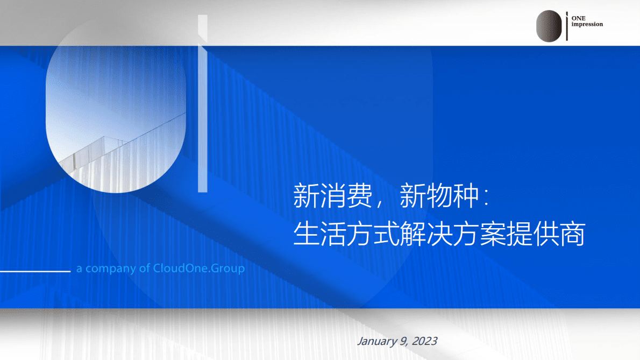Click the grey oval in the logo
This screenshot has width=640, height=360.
549,26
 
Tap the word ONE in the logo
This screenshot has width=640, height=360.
578,18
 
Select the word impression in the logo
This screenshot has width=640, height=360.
587,24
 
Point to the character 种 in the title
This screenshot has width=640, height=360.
465,197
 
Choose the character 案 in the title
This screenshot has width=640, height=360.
492,235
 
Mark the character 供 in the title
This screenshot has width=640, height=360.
545,235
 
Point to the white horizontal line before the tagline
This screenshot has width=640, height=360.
35,271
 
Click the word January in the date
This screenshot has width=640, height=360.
376,341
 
